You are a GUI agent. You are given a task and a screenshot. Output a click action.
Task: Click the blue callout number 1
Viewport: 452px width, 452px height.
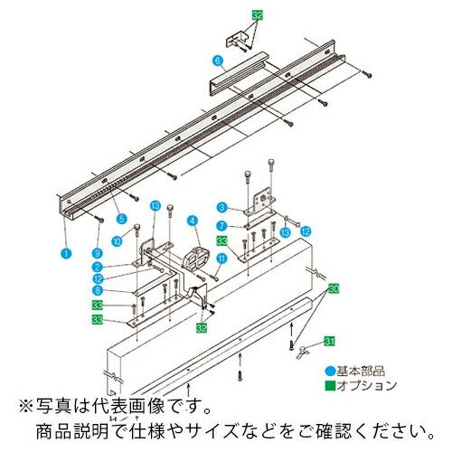click(x=64, y=255)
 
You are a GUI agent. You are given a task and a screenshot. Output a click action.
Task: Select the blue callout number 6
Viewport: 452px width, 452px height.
click(x=218, y=61)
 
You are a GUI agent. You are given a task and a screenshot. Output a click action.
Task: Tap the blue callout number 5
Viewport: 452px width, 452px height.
click(x=121, y=218)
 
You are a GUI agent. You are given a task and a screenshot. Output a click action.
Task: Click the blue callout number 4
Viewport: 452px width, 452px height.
click(x=192, y=220)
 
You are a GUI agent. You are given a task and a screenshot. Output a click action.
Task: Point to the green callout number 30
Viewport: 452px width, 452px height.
click(x=334, y=288)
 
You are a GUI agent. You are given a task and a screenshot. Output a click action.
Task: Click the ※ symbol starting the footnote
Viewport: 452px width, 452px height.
click(x=16, y=404)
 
